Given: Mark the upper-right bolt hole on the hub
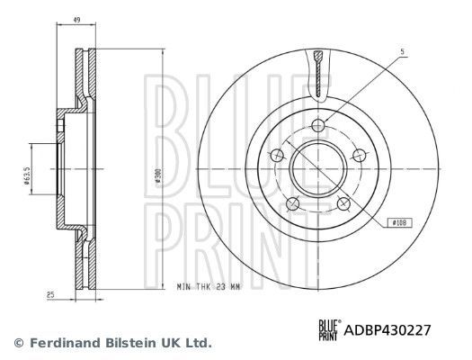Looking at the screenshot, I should pos(358,150).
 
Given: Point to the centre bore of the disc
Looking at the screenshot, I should pos(319,166).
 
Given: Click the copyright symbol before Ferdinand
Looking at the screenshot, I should pos(17,343).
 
